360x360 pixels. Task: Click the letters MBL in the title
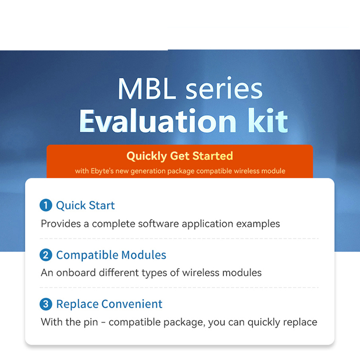click(x=147, y=89)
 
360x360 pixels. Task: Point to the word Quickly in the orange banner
click(x=147, y=157)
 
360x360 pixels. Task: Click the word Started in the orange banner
click(x=212, y=156)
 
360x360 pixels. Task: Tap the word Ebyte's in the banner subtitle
click(x=102, y=171)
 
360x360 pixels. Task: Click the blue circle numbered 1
click(x=46, y=205)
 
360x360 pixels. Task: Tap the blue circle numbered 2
click(x=46, y=255)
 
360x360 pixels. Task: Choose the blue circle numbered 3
click(x=46, y=304)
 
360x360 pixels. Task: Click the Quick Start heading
click(x=85, y=206)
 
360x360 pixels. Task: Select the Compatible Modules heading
click(x=111, y=255)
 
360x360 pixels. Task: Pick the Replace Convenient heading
click(x=109, y=304)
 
